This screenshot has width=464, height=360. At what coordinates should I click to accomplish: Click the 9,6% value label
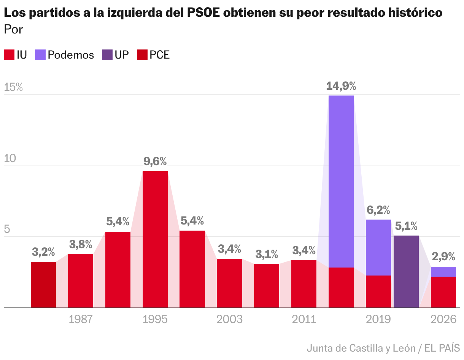[x=155, y=162]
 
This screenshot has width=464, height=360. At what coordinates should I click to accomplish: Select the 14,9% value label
[x=341, y=86]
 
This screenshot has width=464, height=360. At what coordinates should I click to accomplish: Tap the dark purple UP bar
[x=406, y=271]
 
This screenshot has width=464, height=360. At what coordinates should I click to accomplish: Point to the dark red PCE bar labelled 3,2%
[x=43, y=284]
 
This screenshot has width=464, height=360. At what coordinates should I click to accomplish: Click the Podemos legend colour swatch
[x=40, y=55]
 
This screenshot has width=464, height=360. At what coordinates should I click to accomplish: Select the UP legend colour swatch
[x=107, y=55]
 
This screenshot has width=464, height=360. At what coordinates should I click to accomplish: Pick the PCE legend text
[x=159, y=55]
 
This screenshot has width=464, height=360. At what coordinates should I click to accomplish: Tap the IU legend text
[x=22, y=55]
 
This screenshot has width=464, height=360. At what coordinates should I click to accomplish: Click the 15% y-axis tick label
[x=13, y=88]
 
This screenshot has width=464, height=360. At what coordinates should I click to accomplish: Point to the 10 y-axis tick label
[x=10, y=158]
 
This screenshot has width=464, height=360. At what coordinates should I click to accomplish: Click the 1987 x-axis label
[x=81, y=319]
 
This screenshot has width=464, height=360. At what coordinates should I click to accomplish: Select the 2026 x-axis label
[x=443, y=319]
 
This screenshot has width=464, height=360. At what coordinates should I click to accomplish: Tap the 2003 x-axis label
[x=229, y=319]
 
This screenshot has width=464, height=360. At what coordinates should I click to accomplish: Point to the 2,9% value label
[x=443, y=257]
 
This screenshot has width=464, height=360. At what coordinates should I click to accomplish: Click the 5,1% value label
[x=406, y=226]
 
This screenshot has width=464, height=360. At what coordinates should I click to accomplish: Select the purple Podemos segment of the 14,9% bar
[x=341, y=181]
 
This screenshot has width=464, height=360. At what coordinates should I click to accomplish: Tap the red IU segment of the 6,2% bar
[x=378, y=291]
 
